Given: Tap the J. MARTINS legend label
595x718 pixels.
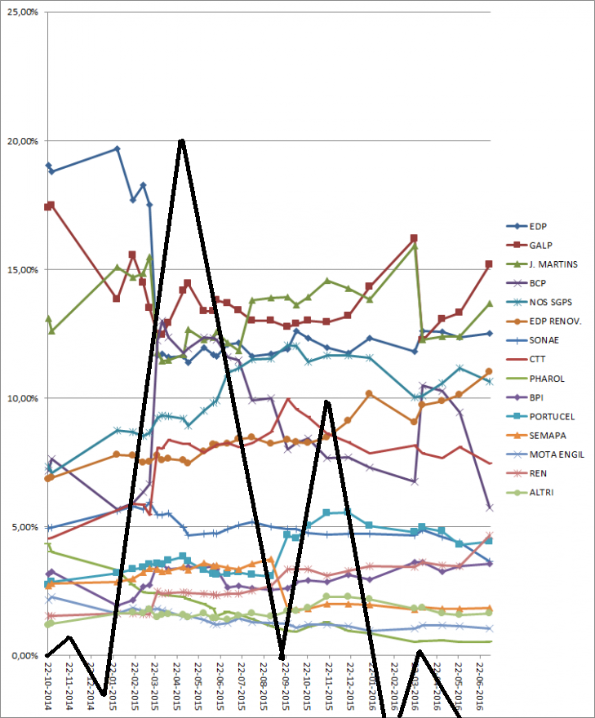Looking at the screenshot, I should click(x=553, y=264).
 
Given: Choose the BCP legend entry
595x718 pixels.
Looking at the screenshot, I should click(x=539, y=283).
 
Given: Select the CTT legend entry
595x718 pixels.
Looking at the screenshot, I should click(x=538, y=359).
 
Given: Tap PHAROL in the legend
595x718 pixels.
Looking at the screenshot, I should click(x=547, y=379).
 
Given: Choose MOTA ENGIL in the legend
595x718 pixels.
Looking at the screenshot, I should click(x=557, y=454).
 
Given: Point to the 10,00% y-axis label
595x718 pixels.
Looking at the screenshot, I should click(x=22, y=398).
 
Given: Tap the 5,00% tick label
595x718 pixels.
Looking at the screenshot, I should click(x=24, y=526).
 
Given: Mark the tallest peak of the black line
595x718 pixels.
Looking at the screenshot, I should click(x=181, y=140).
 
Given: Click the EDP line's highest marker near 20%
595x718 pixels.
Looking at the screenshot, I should click(x=118, y=148).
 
